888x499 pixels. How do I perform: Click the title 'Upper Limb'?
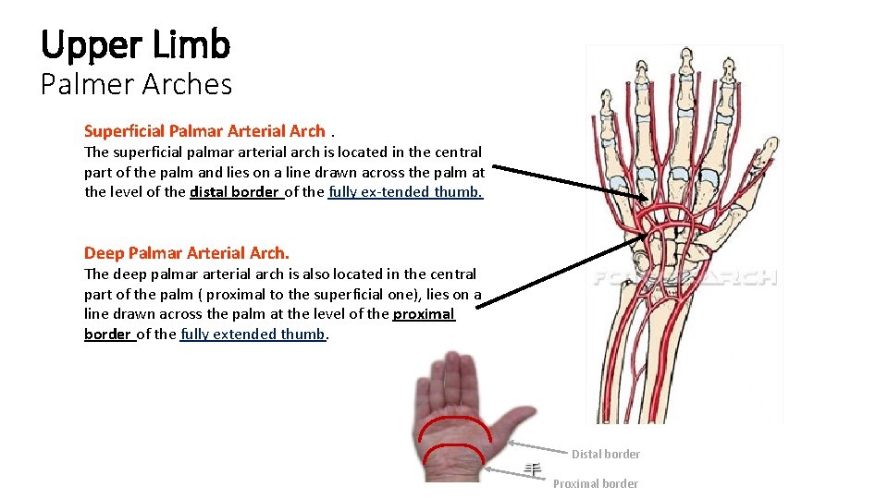coord(135,43)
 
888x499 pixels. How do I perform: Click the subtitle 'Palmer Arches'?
coord(135,84)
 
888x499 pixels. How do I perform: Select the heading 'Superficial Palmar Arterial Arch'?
coord(204,131)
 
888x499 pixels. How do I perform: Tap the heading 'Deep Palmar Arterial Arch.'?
coord(187,253)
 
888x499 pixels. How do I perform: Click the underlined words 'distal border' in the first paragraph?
coord(234,192)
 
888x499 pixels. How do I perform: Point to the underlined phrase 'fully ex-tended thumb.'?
coord(406,192)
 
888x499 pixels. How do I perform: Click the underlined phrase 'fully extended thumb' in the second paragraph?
coord(253,335)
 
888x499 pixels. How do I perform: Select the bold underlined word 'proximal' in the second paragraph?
coord(424,314)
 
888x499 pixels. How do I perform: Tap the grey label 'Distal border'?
coord(605,454)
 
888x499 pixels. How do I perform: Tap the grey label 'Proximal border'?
coord(595,483)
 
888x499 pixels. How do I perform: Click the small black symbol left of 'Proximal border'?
coord(533,469)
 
